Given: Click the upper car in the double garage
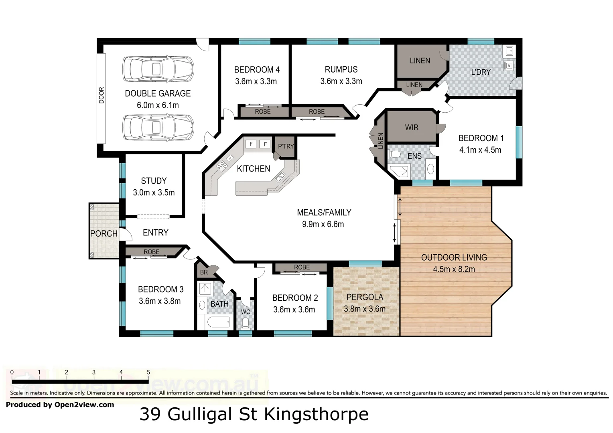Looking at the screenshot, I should pyautogui.click(x=158, y=69).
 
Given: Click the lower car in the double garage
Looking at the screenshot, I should pyautogui.click(x=158, y=127).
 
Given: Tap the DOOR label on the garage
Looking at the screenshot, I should pyautogui.click(x=101, y=95).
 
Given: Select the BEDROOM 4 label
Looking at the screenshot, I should pyautogui.click(x=257, y=70).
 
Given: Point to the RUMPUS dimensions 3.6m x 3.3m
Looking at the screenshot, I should pyautogui.click(x=341, y=81).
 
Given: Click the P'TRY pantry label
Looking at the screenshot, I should pyautogui.click(x=286, y=146).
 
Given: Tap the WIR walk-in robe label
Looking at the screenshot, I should pyautogui.click(x=412, y=127).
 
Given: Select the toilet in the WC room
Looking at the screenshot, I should pyautogui.click(x=245, y=322).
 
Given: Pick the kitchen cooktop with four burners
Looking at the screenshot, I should pyautogui.click(x=221, y=166).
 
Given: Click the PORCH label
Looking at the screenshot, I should pyautogui.click(x=104, y=234).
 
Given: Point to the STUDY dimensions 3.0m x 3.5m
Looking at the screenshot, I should pyautogui.click(x=154, y=193).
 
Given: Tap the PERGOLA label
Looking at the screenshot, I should pyautogui.click(x=365, y=297).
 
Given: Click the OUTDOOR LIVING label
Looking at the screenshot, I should pyautogui.click(x=454, y=258).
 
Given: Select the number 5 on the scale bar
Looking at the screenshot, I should pyautogui.click(x=148, y=372).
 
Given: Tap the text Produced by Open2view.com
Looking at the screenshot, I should pyautogui.click(x=60, y=405).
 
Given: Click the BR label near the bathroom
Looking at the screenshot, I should pyautogui.click(x=204, y=273).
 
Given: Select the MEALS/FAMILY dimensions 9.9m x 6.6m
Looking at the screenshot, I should pyautogui.click(x=323, y=225).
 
